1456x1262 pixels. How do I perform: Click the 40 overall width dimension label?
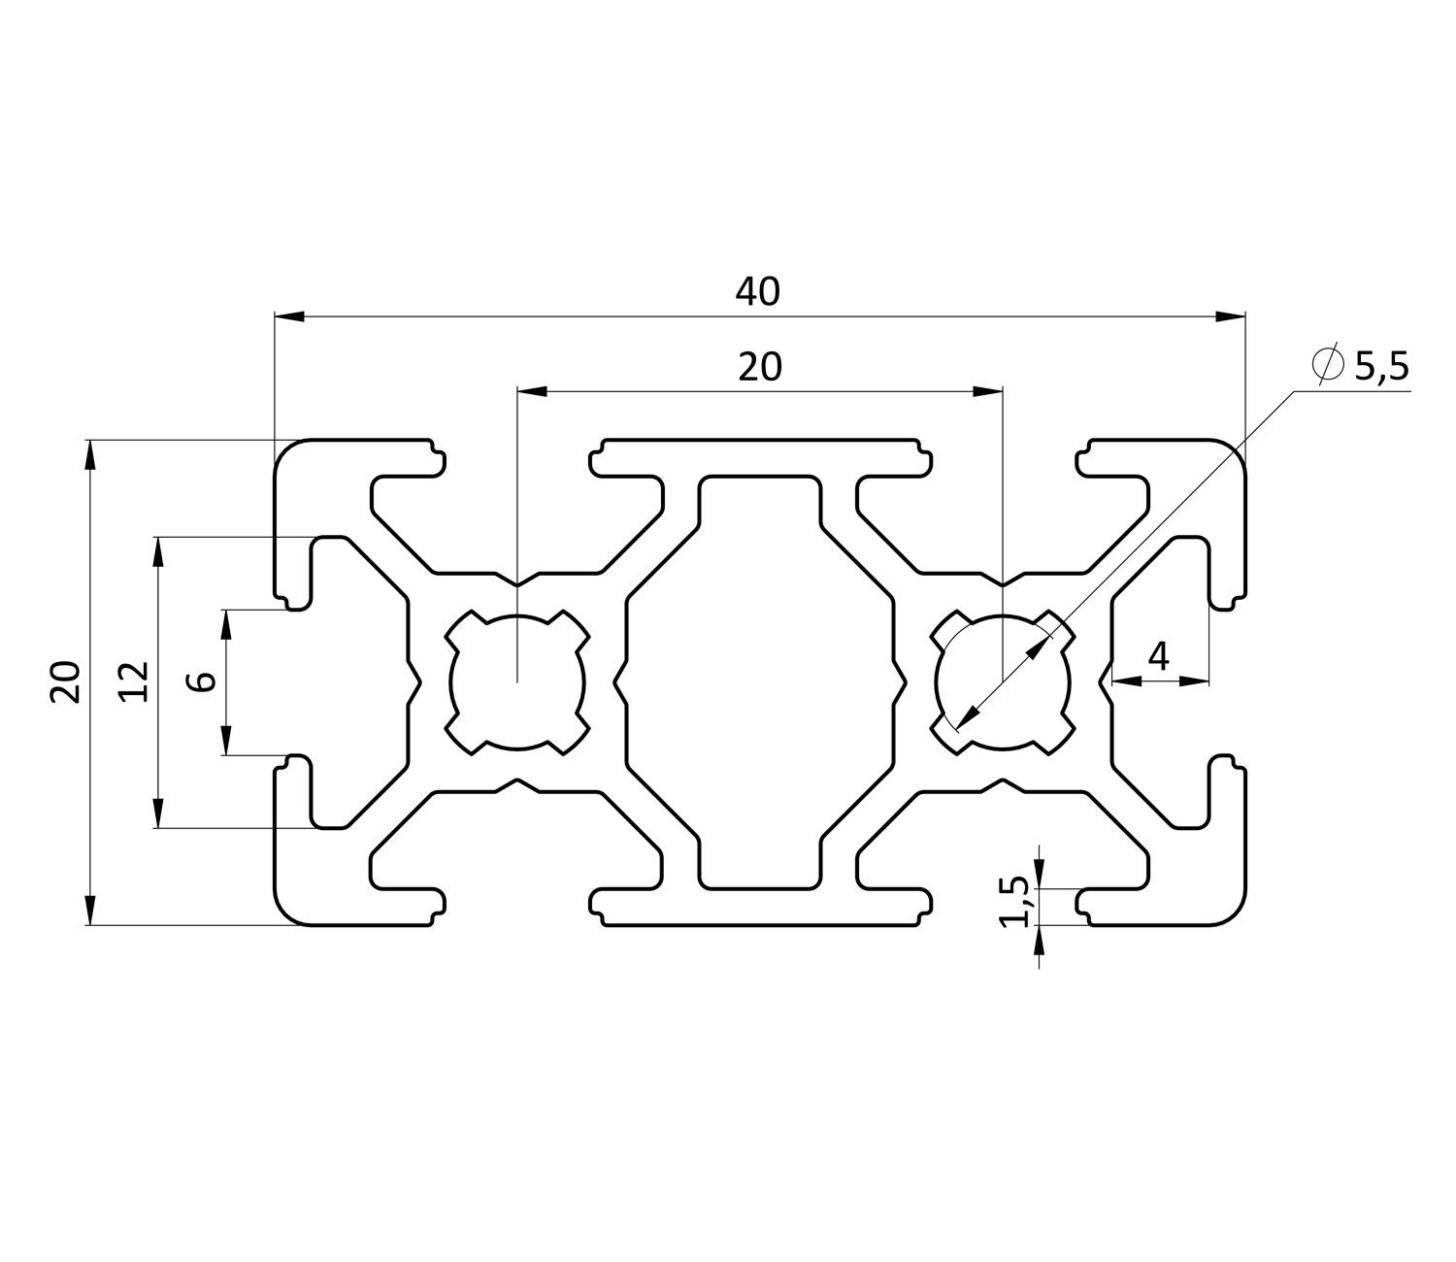[758, 291]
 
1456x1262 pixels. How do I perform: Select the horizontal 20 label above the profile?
[759, 367]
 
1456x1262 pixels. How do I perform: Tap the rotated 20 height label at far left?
[66, 681]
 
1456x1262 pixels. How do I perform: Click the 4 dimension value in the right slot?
[1158, 658]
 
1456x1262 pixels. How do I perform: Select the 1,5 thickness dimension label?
[1014, 902]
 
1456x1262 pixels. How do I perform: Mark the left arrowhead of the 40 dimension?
[289, 315]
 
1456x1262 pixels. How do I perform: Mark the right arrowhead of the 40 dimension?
[1231, 315]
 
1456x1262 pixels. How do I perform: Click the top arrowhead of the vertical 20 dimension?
[90, 454]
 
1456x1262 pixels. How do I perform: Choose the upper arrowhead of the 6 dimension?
[226, 623]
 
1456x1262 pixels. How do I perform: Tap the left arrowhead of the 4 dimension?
[1126, 681]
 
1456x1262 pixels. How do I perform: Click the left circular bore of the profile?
[518, 681]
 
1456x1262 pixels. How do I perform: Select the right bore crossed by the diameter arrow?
[1002, 681]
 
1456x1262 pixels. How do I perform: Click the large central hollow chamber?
[758, 681]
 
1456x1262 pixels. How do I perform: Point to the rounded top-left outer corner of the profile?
[289, 453]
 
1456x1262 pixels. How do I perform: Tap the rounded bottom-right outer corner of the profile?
[1231, 911]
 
